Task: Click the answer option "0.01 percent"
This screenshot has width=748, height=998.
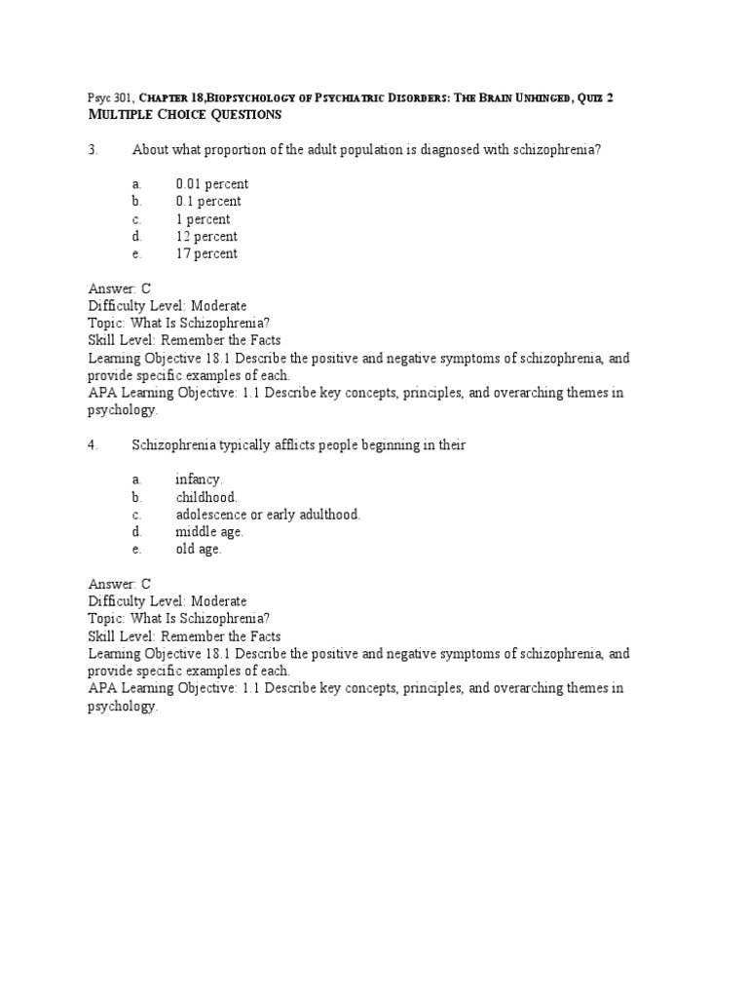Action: coord(211,184)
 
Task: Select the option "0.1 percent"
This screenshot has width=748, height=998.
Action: coord(208,202)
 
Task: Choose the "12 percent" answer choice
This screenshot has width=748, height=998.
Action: coord(206,237)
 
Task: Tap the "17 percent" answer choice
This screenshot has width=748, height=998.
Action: coord(206,254)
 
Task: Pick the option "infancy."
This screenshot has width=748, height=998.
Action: coord(199,480)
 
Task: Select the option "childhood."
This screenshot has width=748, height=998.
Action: coord(206,497)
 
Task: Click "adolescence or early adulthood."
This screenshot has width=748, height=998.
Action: coord(268,515)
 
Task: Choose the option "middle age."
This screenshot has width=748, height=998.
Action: coord(209,532)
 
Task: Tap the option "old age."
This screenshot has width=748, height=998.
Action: coord(199,550)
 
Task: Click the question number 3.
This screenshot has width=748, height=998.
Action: coord(93,149)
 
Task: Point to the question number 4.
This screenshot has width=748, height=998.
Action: coord(93,445)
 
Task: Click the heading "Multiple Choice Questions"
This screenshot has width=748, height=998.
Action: coord(185,115)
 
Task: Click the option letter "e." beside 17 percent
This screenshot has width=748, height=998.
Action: coord(137,254)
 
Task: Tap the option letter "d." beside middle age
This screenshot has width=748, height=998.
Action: coord(137,532)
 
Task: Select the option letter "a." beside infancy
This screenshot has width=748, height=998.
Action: coord(137,480)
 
